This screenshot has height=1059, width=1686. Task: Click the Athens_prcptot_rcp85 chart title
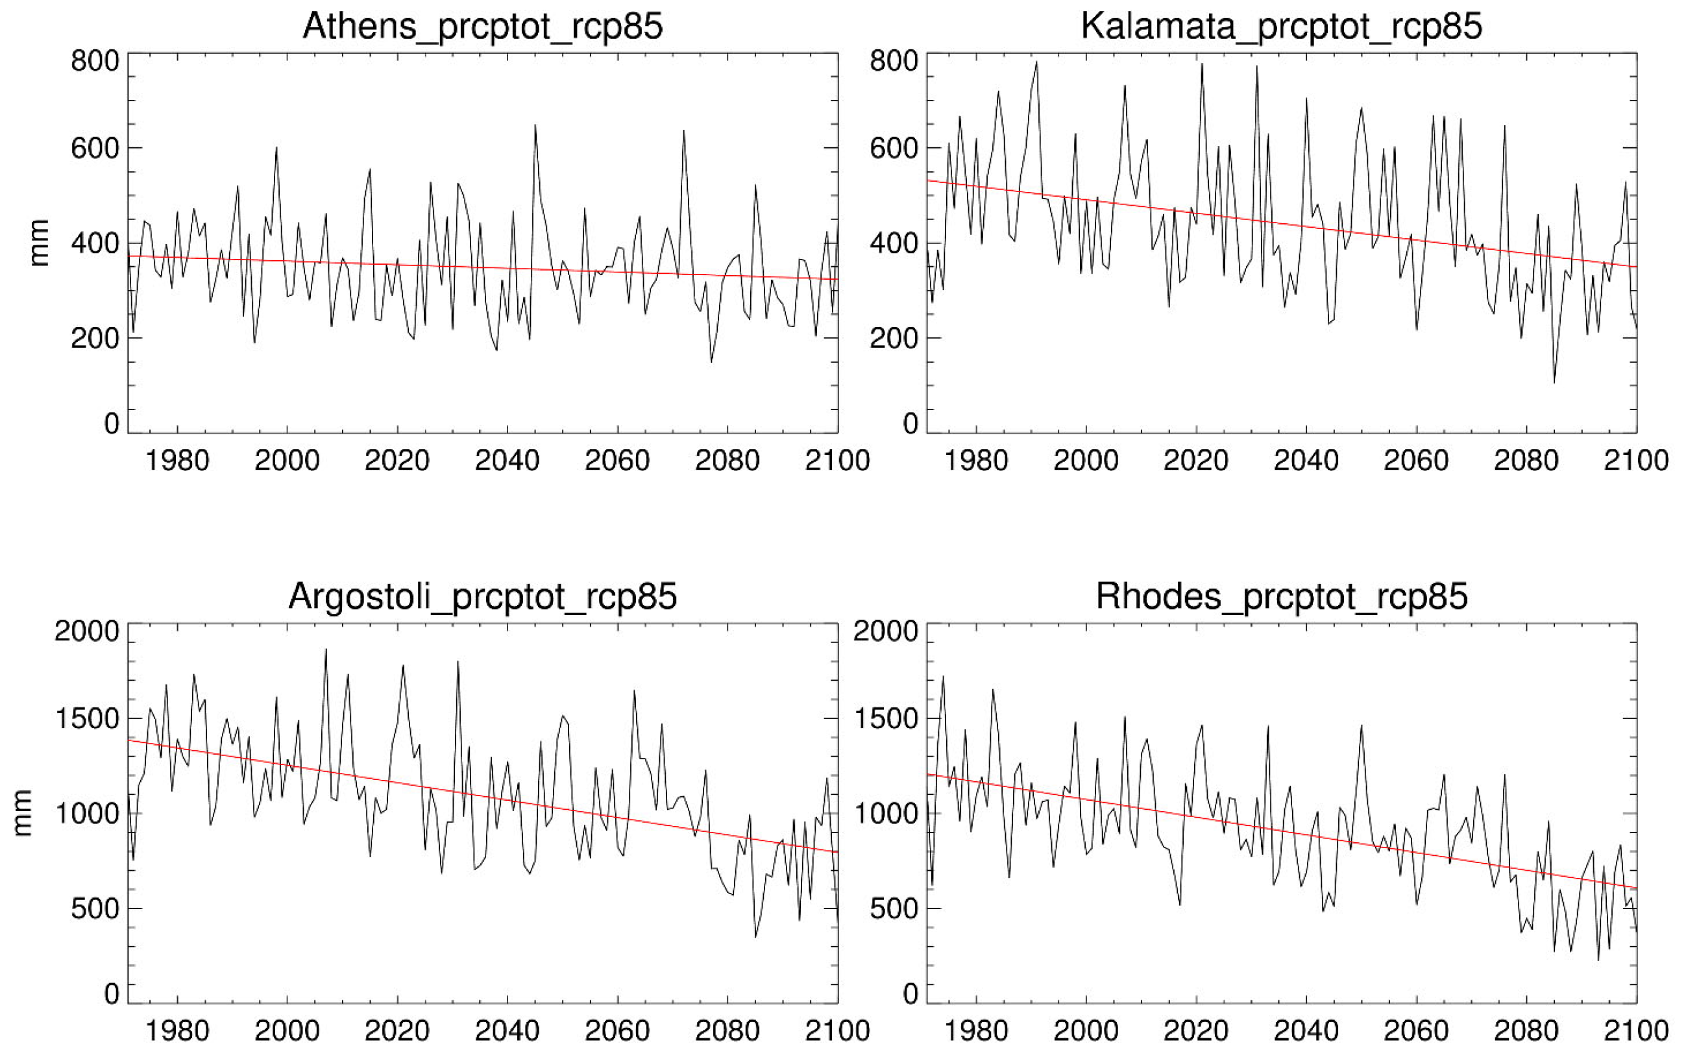[482, 27]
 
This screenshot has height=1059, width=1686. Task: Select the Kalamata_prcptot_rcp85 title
[1280, 27]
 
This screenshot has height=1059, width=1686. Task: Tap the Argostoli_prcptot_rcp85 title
[482, 597]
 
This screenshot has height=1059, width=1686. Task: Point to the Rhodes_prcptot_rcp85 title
[1280, 597]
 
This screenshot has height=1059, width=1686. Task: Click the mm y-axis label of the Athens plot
[38, 243]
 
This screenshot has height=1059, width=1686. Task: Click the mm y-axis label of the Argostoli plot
[23, 812]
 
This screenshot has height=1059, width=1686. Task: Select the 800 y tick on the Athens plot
[95, 61]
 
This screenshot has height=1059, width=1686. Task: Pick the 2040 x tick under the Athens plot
[507, 460]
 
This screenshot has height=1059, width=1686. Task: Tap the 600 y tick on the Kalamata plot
[894, 149]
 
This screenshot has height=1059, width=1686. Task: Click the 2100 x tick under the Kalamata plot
[1635, 460]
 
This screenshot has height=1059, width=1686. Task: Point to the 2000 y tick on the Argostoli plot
[87, 631]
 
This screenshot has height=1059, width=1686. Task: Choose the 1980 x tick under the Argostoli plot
[177, 1030]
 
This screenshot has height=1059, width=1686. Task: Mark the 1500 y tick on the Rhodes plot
[886, 719]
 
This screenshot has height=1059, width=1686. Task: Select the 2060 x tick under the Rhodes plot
[1416, 1030]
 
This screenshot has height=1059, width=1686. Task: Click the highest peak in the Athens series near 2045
[535, 126]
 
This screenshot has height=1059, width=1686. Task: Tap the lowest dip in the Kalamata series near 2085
[1554, 382]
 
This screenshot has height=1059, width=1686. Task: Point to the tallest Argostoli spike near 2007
[326, 650]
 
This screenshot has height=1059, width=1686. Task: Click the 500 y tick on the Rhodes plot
[894, 908]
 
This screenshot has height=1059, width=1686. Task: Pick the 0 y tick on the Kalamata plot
[910, 424]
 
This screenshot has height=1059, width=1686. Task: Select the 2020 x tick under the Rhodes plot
[1196, 1030]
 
